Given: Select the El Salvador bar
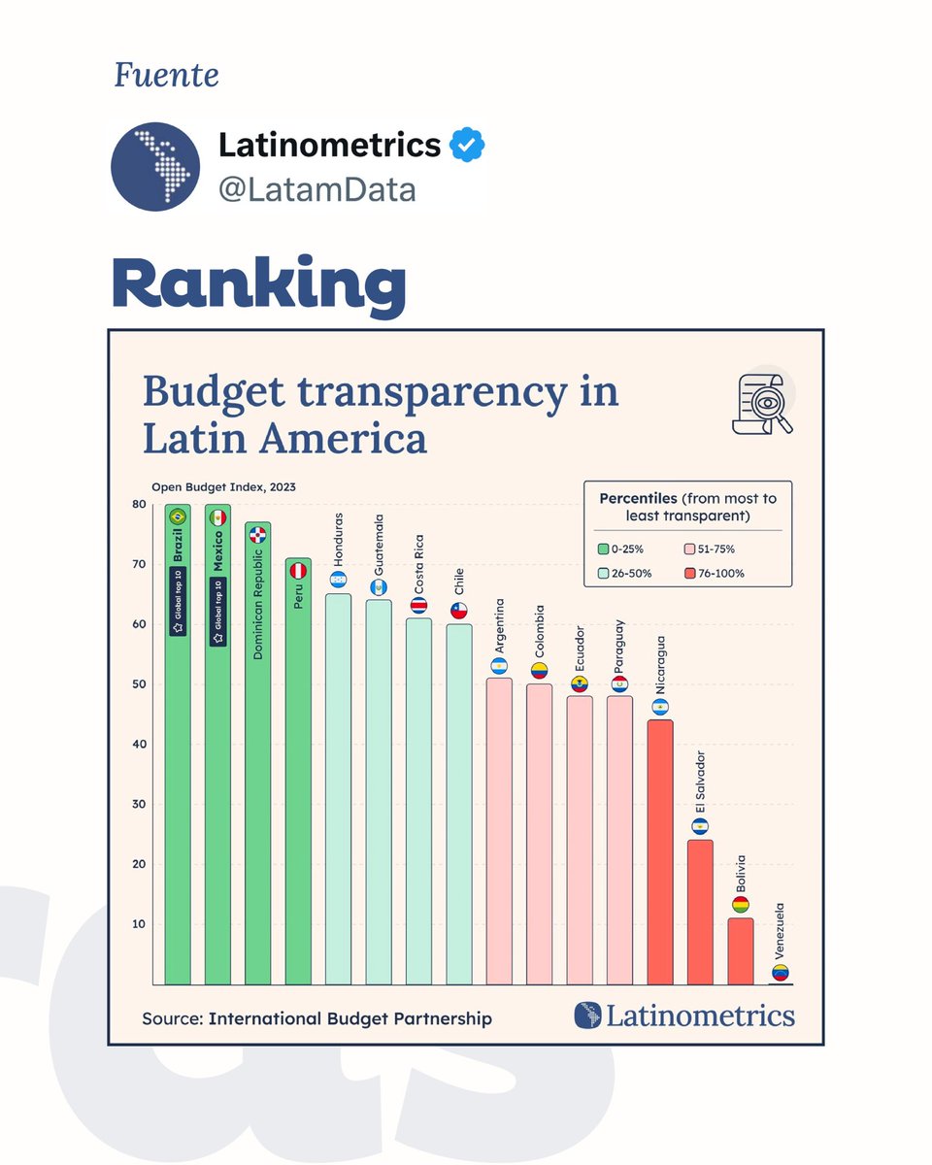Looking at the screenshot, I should coord(700,912).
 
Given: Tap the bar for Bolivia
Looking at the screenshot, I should coord(740,950).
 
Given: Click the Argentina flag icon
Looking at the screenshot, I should coord(499,666).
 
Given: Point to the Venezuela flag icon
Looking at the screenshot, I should coord(781,973).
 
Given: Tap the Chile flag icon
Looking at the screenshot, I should coord(459,611).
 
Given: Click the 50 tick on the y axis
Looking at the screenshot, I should coord(138,684).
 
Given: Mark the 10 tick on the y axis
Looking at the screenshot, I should coord(138,924).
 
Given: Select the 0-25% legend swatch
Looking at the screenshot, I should coord(603,549).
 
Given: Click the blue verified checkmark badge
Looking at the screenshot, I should coord(467,146).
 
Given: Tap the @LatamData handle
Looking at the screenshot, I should coord(316,189).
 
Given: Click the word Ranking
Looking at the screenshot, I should coord(258,285).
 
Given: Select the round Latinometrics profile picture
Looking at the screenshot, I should coord(155,166).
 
